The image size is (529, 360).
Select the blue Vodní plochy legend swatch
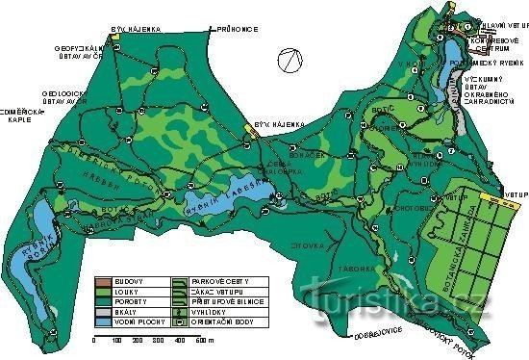pyautogui.click(x=103, y=323)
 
